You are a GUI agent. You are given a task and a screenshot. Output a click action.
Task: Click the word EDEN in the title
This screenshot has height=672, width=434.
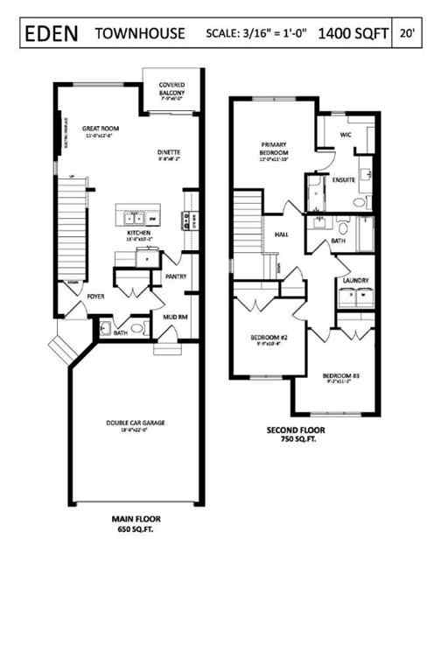point(52,33)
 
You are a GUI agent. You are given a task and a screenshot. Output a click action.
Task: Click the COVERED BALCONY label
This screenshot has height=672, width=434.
point(171,89)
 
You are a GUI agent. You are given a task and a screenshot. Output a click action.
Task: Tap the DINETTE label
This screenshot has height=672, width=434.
point(169,153)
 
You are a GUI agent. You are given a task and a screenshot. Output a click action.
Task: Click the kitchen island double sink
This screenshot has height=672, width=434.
point(135,217)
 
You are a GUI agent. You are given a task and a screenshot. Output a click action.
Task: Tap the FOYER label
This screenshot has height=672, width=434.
point(95,296)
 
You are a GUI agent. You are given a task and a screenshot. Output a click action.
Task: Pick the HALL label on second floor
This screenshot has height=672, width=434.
point(282,234)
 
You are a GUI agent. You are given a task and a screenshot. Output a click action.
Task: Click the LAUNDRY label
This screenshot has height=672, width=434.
point(355,281)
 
